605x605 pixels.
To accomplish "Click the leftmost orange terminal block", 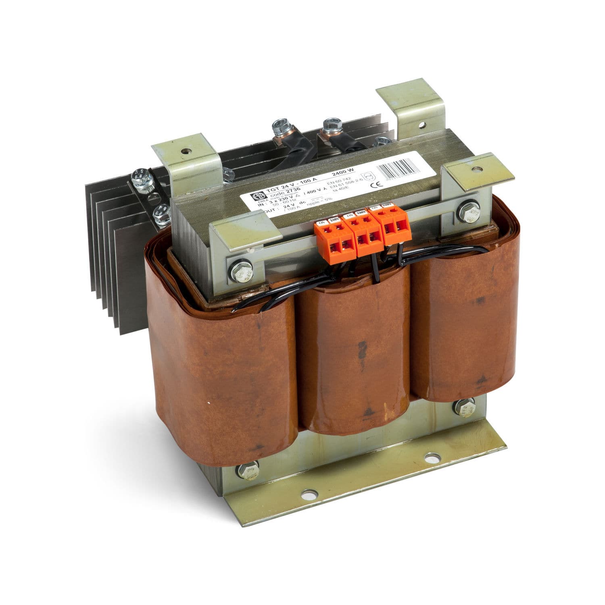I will [329, 238].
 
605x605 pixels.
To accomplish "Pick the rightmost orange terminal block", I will [393, 227].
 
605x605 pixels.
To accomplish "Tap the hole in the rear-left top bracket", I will [185, 152].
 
